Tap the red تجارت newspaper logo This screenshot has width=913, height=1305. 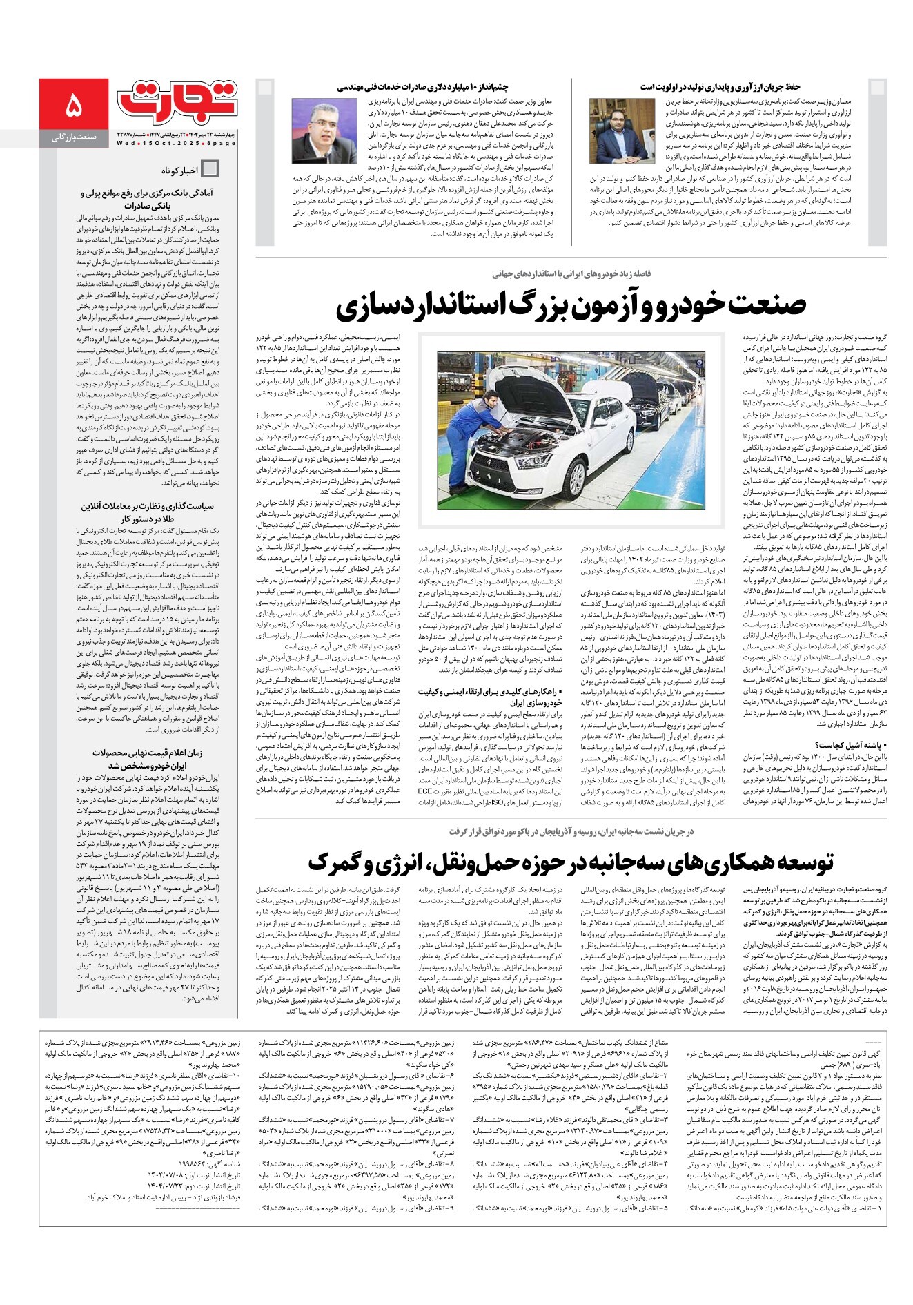coord(177,100)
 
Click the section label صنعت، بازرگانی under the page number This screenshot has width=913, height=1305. coord(75,138)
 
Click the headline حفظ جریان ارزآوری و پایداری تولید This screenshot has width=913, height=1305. coord(719,88)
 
